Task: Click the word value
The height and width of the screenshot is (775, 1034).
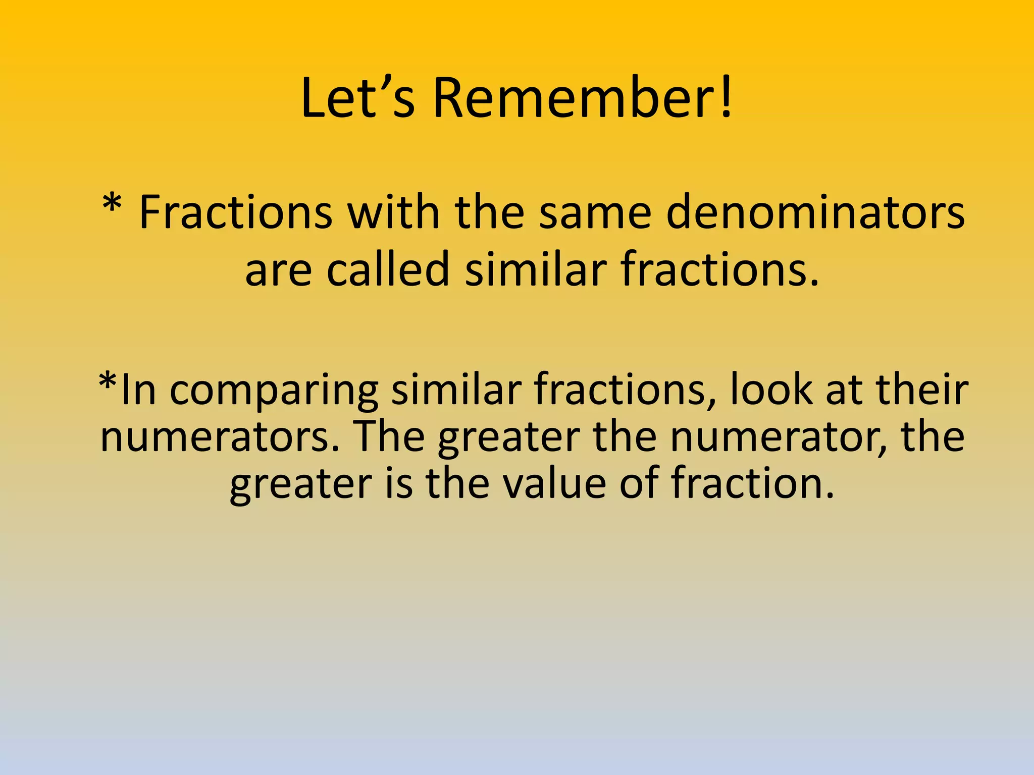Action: click(555, 483)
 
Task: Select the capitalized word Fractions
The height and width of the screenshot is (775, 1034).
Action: click(235, 212)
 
